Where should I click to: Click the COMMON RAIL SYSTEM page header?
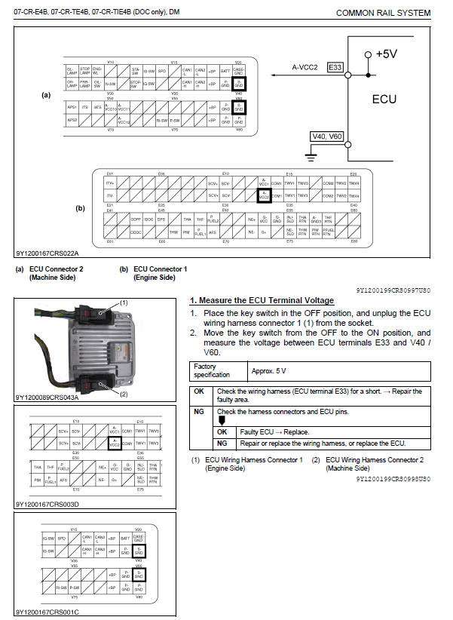pyautogui.click(x=383, y=13)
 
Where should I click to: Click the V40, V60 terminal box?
pyautogui.click(x=327, y=137)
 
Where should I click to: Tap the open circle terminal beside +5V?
pyautogui.click(x=368, y=54)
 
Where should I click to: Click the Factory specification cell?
pyautogui.click(x=217, y=371)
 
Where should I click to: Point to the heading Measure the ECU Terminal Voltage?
pyautogui.click(x=262, y=300)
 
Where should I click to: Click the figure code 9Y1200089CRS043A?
pyautogui.click(x=47, y=397)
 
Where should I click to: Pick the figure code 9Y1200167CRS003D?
pyautogui.click(x=47, y=504)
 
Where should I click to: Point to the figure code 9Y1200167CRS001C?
pyautogui.click(x=47, y=612)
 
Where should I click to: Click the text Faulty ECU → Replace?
pyautogui.click(x=263, y=432)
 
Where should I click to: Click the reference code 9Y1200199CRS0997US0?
pyautogui.click(x=393, y=290)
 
